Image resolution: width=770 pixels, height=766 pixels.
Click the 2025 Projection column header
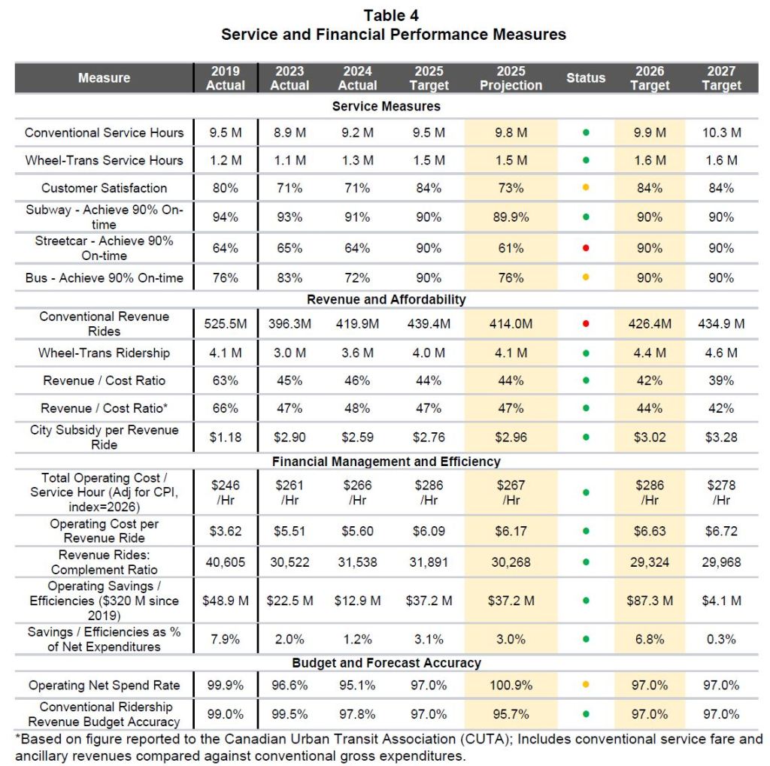click(511, 78)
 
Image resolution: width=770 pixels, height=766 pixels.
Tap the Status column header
click(586, 78)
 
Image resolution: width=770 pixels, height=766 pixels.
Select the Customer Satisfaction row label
click(104, 188)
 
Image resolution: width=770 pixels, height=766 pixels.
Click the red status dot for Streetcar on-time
click(586, 248)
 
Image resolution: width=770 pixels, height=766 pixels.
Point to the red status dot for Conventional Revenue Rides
click(586, 324)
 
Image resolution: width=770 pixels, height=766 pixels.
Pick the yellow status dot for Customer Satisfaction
click(586, 188)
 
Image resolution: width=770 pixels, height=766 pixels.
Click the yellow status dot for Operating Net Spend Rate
click(586, 686)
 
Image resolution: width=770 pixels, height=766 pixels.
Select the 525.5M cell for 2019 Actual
click(226, 324)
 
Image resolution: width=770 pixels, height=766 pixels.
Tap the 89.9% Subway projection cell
click(511, 217)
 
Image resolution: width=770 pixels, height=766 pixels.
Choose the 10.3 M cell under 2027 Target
click(721, 133)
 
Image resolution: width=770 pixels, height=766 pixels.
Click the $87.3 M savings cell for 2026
click(650, 601)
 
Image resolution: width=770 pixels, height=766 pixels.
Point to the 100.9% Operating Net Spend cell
click(511, 686)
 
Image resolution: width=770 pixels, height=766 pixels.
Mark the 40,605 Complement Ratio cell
click(226, 562)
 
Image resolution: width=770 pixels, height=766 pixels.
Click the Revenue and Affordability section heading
click(386, 299)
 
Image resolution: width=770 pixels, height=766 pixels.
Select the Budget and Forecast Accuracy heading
click(386, 663)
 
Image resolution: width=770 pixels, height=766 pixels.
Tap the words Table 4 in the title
click(393, 16)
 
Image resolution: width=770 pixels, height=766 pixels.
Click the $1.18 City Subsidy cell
click(226, 437)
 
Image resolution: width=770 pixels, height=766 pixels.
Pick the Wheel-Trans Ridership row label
click(104, 353)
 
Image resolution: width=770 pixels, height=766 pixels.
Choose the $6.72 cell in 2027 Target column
click(721, 531)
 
